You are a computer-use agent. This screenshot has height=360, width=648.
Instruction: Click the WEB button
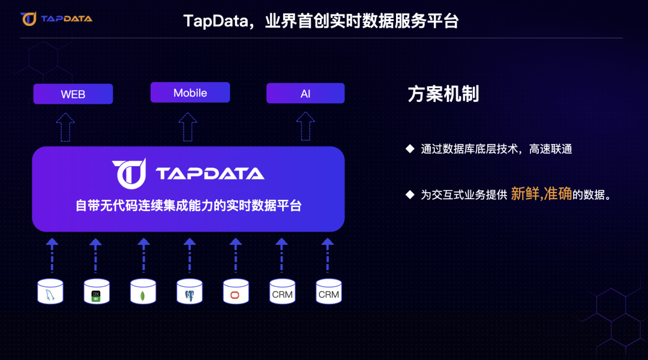(x=73, y=94)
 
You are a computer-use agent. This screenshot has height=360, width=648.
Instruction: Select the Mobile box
(x=190, y=93)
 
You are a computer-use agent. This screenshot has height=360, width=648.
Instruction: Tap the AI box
(x=305, y=94)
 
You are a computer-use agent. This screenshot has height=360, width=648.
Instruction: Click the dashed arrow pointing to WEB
(x=65, y=127)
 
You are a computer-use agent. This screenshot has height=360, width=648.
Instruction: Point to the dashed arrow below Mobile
(x=188, y=127)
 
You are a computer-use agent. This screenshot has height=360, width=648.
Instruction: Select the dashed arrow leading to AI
(x=305, y=127)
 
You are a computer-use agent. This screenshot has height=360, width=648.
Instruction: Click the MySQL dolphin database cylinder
(x=50, y=292)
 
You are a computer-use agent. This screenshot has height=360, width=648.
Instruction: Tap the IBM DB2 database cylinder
(x=97, y=292)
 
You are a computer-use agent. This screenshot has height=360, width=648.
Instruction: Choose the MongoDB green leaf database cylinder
(x=143, y=292)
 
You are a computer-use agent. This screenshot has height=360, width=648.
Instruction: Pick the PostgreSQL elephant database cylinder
(x=190, y=292)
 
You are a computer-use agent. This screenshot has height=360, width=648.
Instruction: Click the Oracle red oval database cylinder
(x=236, y=292)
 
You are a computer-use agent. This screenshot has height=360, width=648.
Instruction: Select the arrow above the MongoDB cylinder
(x=143, y=255)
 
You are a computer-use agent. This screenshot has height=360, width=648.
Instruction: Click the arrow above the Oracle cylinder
(x=236, y=255)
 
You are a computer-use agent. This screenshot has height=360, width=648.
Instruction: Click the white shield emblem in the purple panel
(x=128, y=172)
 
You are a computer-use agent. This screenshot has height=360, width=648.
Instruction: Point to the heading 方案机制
(x=443, y=94)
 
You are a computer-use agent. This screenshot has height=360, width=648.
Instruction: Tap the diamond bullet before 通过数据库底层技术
(x=410, y=149)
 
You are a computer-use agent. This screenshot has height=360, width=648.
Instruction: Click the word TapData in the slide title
(x=214, y=21)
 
